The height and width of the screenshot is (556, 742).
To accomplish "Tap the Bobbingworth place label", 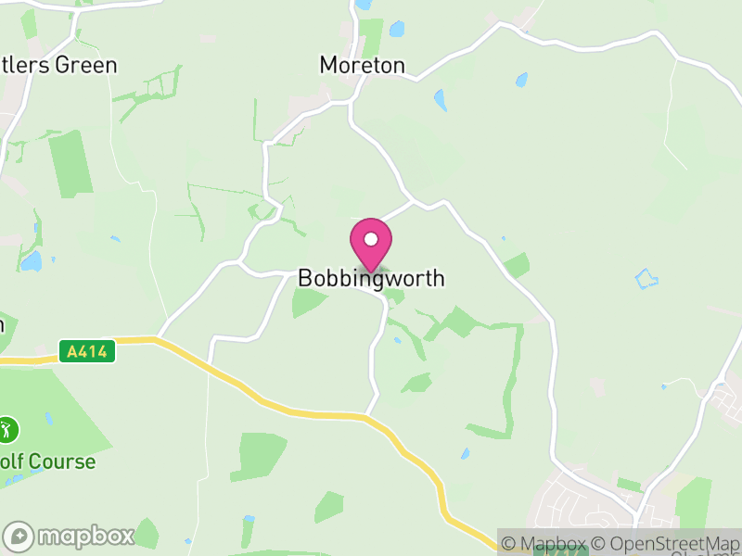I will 371,278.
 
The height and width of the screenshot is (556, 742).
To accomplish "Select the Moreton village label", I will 363,65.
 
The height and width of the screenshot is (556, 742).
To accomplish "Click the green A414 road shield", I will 86,351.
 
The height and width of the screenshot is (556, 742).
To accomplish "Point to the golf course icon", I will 8,429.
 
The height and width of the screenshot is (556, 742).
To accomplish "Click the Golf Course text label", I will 47,461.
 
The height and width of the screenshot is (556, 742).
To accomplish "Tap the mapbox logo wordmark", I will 85,536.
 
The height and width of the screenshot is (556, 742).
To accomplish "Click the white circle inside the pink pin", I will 371,239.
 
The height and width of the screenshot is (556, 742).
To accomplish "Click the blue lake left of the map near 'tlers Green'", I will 32,261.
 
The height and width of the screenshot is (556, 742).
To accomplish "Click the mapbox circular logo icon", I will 19,536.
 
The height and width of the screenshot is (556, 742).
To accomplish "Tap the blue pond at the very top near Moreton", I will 397,29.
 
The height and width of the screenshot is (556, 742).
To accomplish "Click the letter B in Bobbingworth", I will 305,278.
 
